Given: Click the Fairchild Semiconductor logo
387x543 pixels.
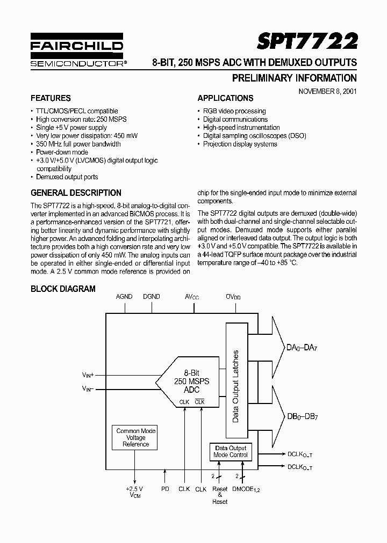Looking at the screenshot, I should click(77, 53).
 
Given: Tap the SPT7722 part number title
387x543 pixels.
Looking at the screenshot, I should click(307, 41).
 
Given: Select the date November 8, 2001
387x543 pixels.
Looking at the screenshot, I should click(327, 91).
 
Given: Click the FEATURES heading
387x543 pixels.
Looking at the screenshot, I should click(51, 98).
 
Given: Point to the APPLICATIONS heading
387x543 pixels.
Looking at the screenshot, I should click(225, 98).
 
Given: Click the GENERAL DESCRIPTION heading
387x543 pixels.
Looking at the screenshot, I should click(76, 193).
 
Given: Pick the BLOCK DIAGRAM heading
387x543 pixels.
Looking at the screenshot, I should click(63, 289).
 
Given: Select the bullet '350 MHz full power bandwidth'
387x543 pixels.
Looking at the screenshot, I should click(78, 144).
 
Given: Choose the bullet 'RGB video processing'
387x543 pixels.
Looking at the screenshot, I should click(234, 111).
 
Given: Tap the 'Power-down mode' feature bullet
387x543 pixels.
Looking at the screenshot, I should click(62, 152).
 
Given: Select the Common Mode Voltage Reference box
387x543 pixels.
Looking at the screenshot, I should click(135, 437).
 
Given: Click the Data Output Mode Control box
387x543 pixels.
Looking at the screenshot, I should click(231, 451).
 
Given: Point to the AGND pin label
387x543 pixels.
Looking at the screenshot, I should click(125, 296).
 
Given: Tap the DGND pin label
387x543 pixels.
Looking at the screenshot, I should click(152, 296).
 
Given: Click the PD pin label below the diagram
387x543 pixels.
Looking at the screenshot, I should click(165, 489).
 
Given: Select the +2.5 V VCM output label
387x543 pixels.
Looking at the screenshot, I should click(134, 492).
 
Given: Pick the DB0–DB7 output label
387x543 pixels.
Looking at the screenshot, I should click(302, 417).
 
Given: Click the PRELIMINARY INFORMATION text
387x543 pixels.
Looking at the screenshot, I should click(294, 78).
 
